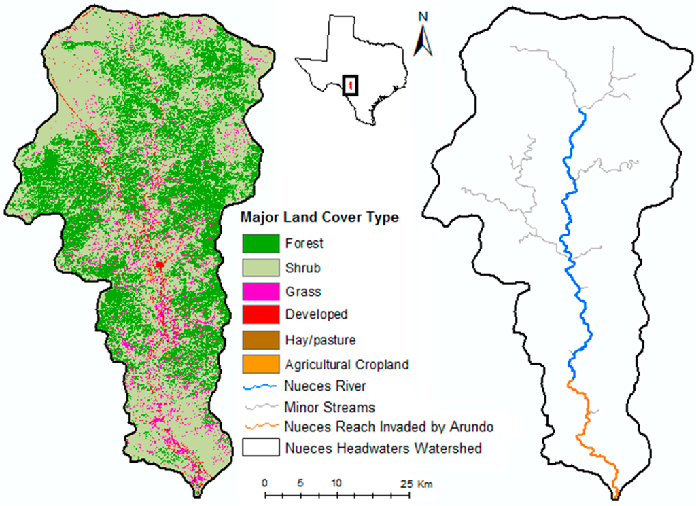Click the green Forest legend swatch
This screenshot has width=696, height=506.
[261, 242]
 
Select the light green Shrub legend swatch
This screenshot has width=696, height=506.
[261, 267]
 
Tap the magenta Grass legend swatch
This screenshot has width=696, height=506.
[261, 291]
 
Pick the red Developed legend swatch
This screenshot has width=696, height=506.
[261, 314]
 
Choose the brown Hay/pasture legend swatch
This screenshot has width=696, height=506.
[261, 339]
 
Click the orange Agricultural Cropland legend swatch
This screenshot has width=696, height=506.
[261, 364]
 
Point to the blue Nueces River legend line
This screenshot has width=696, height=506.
[261, 386]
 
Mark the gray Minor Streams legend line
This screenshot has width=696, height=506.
[261, 407]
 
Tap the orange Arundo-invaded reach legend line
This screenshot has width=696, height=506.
[261, 427]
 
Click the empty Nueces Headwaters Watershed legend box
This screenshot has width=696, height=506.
[261, 448]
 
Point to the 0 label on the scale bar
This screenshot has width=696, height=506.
[264, 483]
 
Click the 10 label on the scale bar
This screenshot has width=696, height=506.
[335, 483]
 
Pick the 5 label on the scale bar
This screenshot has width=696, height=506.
[300, 483]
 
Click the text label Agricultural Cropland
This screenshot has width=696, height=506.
[347, 365]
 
